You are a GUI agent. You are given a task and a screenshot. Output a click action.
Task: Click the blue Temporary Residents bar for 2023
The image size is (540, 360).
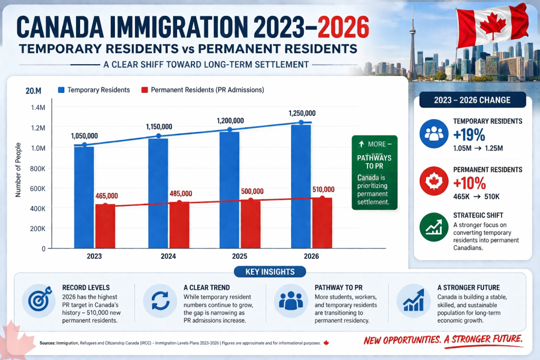84,198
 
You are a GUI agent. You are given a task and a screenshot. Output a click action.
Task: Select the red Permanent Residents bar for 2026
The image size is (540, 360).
322,222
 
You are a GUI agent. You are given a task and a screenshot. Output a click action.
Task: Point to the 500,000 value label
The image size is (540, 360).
250,191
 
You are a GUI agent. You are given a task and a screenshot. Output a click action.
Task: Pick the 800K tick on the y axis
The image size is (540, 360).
37,168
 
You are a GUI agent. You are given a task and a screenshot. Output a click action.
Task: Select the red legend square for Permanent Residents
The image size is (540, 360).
143,90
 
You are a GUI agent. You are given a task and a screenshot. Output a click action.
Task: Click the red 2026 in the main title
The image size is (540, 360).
336,27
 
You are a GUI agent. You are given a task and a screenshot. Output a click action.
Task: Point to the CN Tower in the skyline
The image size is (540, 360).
412,42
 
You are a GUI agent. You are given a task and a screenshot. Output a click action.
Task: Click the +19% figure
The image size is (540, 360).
469,135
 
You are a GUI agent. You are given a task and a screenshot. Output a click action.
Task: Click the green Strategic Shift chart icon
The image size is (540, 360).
433,227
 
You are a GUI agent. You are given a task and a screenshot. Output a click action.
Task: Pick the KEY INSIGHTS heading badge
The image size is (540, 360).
269,272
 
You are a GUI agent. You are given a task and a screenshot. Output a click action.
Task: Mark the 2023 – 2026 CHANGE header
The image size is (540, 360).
472,100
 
